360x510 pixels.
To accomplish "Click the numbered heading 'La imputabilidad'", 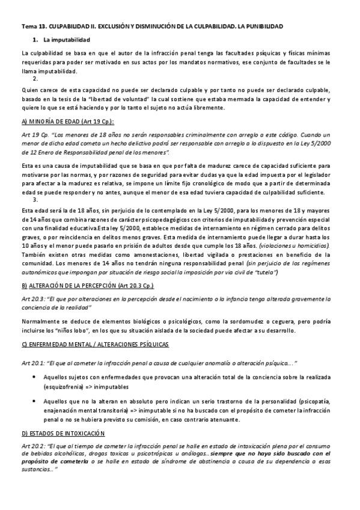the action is point(67,40).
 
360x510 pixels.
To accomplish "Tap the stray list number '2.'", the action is point(36,79).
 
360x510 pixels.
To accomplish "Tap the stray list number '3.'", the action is point(36,199).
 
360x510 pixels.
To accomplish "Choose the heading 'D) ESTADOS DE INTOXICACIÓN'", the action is point(63,433).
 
